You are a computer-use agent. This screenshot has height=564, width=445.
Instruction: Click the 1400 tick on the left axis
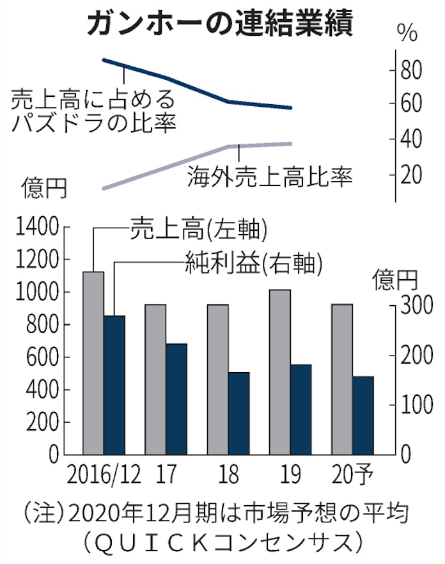[40, 227]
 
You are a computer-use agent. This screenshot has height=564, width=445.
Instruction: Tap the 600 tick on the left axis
[47, 357]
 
